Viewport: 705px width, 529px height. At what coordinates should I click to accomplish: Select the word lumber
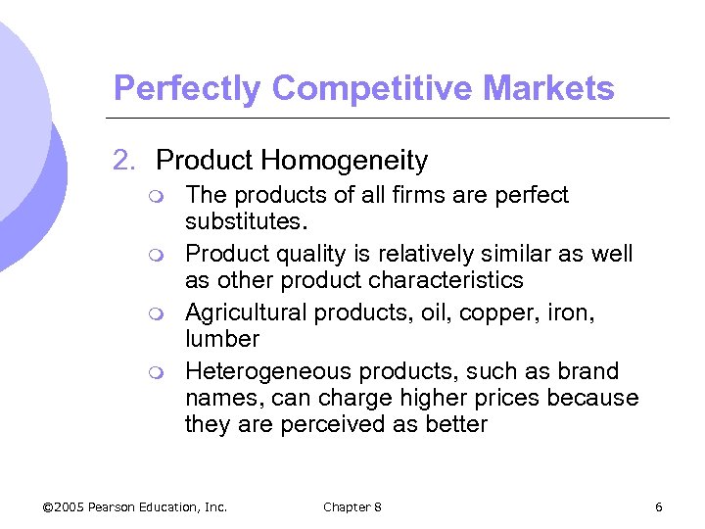[222, 339]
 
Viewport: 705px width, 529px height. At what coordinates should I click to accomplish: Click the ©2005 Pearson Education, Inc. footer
[135, 506]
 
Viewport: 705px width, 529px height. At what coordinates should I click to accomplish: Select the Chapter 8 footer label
[352, 506]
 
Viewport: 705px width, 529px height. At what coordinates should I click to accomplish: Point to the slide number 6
[659, 506]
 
